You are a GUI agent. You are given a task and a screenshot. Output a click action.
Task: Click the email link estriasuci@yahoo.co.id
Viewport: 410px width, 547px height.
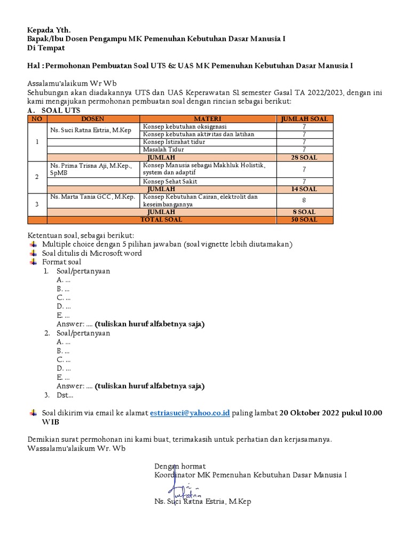coord(190,413)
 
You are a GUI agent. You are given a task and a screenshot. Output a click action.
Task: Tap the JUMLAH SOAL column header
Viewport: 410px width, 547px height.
coord(304,119)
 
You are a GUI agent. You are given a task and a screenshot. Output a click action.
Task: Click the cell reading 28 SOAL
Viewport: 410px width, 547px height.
coord(304,158)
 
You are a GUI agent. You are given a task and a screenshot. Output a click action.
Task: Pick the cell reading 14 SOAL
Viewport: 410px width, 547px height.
coord(304,189)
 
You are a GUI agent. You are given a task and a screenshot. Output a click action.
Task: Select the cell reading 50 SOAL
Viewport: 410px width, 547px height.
coord(304,220)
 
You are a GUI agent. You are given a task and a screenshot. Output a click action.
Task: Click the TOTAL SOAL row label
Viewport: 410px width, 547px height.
coord(161,220)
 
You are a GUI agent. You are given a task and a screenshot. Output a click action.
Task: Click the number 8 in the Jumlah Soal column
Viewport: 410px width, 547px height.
coord(304,201)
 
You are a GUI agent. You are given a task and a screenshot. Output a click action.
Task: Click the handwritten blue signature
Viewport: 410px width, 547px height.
coord(182,487)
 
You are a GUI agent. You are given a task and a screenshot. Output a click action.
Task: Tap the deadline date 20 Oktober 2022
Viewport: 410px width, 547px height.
coord(313,413)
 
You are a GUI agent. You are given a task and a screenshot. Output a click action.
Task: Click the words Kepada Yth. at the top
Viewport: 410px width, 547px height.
coord(49,29)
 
